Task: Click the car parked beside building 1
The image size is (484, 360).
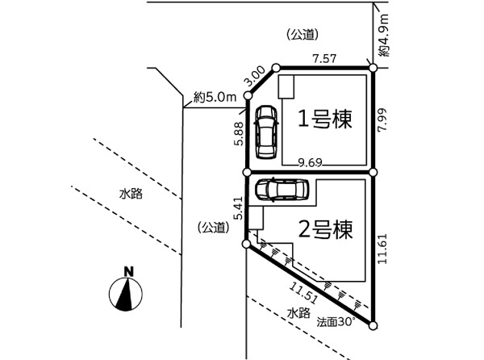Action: pos(264,132)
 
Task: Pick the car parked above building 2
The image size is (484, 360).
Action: pos(282,190)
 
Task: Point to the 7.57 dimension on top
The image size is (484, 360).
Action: pos(324,59)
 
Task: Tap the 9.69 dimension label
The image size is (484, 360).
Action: pos(310,162)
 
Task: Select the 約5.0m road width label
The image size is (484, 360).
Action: pos(215,98)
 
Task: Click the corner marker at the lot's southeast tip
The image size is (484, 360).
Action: pos(373,325)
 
